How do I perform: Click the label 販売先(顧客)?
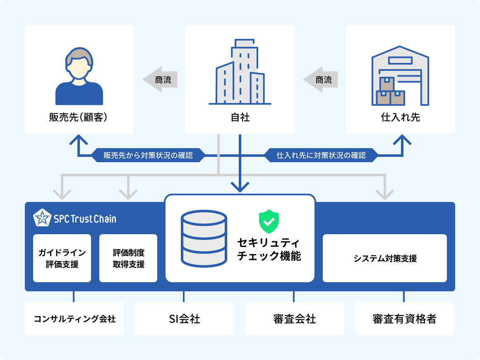point(79,118)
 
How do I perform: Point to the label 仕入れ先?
point(400,118)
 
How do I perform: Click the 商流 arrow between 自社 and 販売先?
point(161,79)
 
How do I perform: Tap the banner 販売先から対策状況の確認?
point(148,156)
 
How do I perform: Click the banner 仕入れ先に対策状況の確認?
point(321,156)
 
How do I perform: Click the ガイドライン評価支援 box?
point(62,258)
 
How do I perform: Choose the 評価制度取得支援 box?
point(128,258)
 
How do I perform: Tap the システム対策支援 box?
point(385,258)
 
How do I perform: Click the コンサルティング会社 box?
point(74,319)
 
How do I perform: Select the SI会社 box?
point(185,319)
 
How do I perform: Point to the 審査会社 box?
point(295,319)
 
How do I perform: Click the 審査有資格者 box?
point(404,319)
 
